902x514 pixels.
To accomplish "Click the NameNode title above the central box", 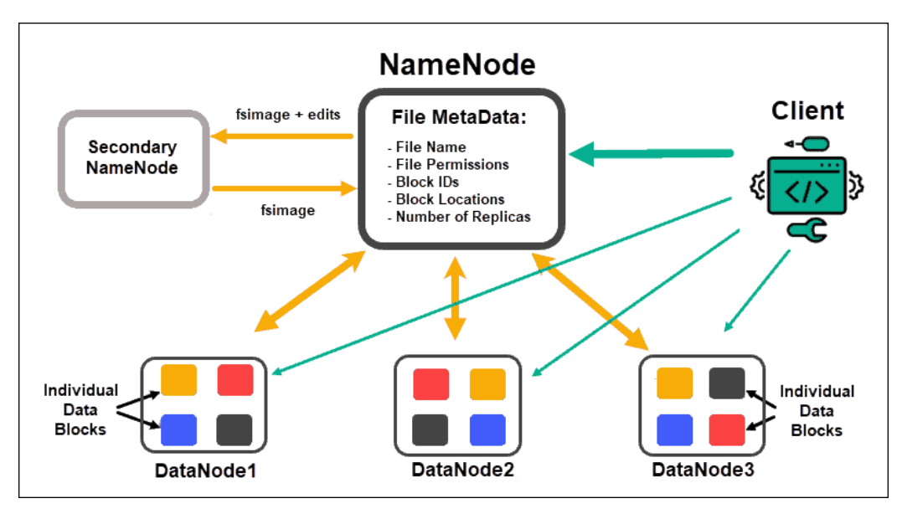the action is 457,64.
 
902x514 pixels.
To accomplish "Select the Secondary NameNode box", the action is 133,158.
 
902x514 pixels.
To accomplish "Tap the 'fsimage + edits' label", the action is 287,115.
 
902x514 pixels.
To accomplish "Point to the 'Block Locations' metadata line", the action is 450,199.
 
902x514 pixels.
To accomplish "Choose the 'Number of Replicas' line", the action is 459,217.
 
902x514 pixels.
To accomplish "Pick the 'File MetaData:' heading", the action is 459,117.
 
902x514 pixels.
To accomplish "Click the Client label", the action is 807,111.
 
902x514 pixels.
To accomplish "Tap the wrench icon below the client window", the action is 807,230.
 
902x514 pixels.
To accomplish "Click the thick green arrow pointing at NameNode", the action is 652,153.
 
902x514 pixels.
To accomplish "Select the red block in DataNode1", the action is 235,379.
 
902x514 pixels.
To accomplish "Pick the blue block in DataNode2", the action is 487,429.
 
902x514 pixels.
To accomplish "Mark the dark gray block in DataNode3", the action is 727,383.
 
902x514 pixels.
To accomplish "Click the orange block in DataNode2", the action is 487,384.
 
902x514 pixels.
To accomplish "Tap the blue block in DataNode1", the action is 178,429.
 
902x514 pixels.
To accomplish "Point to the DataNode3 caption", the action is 703,470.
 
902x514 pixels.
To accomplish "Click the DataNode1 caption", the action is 205,470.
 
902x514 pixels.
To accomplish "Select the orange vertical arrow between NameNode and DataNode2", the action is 455,298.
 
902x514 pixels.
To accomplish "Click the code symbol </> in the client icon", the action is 807,192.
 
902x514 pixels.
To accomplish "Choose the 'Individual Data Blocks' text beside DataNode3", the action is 817,410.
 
